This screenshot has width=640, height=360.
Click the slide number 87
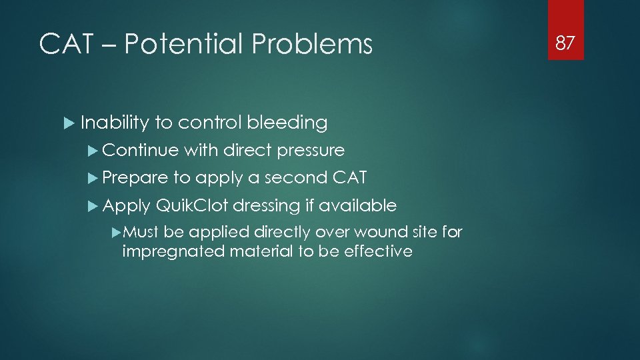(565, 43)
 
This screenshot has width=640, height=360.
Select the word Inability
(114, 123)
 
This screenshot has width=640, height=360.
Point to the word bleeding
(287, 123)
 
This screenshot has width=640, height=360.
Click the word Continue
(141, 151)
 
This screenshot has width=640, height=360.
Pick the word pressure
(310, 151)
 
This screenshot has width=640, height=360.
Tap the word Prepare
(135, 178)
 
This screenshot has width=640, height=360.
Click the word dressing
(267, 206)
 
